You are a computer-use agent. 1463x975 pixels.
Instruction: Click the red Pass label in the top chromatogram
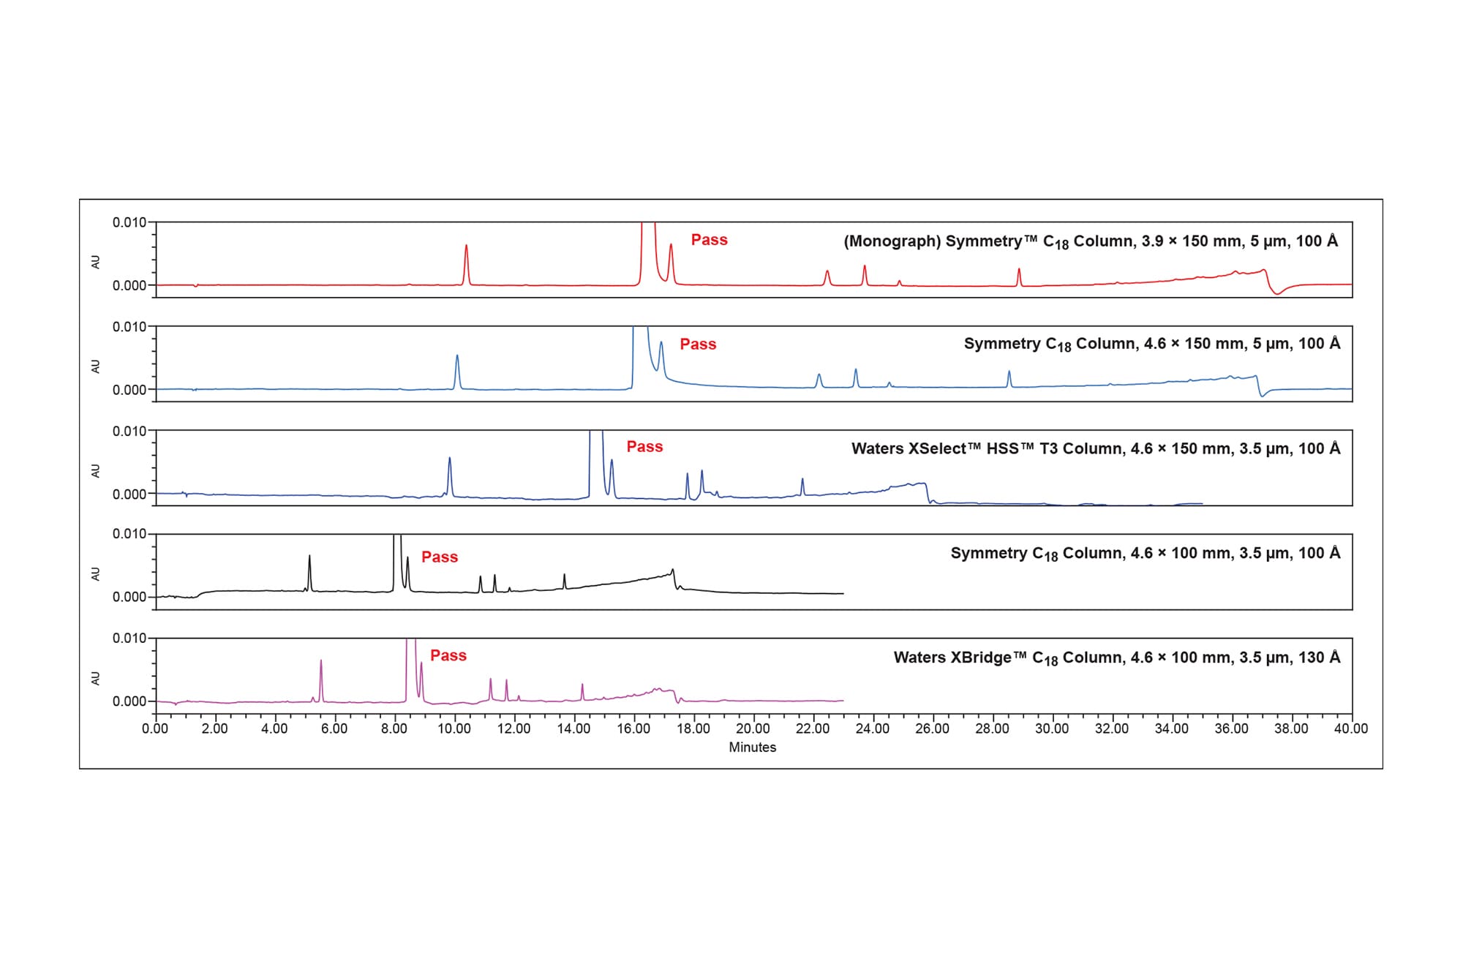(709, 240)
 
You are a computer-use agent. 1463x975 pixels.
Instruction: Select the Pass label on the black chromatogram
(440, 557)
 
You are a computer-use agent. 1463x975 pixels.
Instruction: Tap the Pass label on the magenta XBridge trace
(448, 656)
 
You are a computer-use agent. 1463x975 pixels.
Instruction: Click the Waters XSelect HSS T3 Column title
(1095, 449)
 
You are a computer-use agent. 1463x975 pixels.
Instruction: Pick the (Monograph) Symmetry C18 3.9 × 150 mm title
(1090, 242)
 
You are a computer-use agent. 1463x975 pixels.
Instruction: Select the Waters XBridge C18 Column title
(1116, 658)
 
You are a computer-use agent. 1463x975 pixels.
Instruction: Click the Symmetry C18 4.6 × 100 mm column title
(1145, 554)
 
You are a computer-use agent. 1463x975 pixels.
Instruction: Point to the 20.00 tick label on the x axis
(753, 729)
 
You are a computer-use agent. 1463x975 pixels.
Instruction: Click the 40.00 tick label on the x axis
(1350, 729)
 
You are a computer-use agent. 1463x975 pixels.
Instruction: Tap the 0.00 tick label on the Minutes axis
(155, 729)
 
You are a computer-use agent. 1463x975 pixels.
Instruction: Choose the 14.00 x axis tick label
(573, 729)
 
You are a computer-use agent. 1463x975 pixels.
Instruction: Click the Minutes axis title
(752, 748)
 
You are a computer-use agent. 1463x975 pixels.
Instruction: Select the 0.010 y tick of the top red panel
(129, 222)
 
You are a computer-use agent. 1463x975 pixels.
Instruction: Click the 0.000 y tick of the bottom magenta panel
(129, 701)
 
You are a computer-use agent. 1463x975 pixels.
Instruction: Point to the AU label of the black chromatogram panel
(96, 574)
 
